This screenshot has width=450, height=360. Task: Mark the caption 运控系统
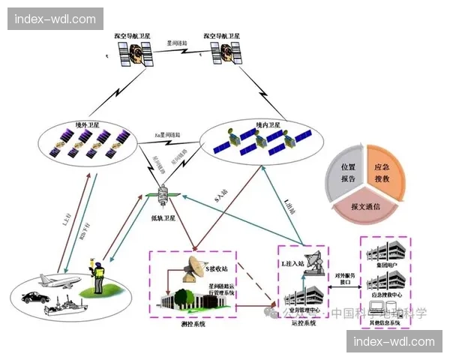[x=300, y=322]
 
